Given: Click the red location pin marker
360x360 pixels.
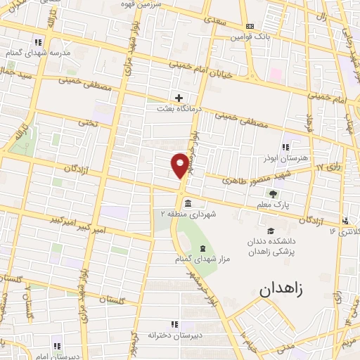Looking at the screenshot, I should (x=181, y=165).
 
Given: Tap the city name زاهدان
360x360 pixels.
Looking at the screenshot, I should (x=284, y=288).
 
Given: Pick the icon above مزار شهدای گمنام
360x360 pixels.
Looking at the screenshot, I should (x=202, y=248).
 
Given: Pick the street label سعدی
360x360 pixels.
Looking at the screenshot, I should (x=219, y=22).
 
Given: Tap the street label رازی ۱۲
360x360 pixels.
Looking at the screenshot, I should (x=329, y=167).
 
